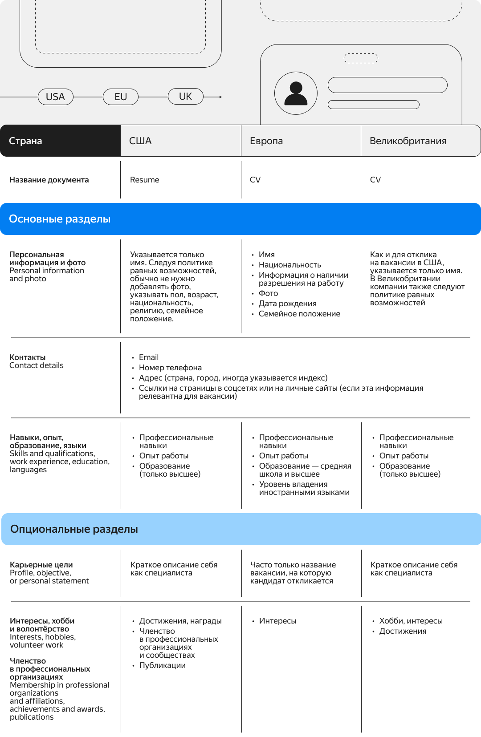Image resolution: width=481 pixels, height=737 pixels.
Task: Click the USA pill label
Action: [x=55, y=97]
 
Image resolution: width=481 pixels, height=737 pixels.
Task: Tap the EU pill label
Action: [x=120, y=97]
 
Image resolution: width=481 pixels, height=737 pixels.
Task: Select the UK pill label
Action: [x=185, y=96]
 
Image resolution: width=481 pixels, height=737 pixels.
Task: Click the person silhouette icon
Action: [x=296, y=93]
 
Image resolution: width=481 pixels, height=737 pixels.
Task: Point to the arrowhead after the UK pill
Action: [x=220, y=97]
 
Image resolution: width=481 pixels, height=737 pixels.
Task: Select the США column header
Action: [x=140, y=141]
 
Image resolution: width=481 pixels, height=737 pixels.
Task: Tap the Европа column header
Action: [x=266, y=141]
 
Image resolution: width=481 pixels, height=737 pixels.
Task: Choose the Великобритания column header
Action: [x=408, y=141]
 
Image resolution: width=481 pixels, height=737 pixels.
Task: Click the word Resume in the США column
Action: [x=144, y=180]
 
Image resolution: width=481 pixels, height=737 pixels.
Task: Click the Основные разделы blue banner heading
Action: [x=60, y=219]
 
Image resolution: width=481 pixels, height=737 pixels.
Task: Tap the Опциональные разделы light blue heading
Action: [x=74, y=529]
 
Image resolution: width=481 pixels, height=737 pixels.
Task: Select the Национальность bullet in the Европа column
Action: [x=289, y=265]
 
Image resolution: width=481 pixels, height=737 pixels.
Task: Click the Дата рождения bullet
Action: [x=287, y=304]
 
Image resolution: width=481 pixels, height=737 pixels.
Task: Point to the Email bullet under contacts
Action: [x=148, y=357]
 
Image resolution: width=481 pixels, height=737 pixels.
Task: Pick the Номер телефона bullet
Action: [x=170, y=368]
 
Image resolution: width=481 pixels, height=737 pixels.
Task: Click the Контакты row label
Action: [x=28, y=357]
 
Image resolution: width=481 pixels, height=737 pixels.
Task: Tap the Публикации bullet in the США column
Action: [x=162, y=665]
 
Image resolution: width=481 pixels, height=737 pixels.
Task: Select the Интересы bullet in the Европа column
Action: [x=277, y=621]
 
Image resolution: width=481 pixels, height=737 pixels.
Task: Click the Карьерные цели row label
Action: [x=41, y=565]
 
